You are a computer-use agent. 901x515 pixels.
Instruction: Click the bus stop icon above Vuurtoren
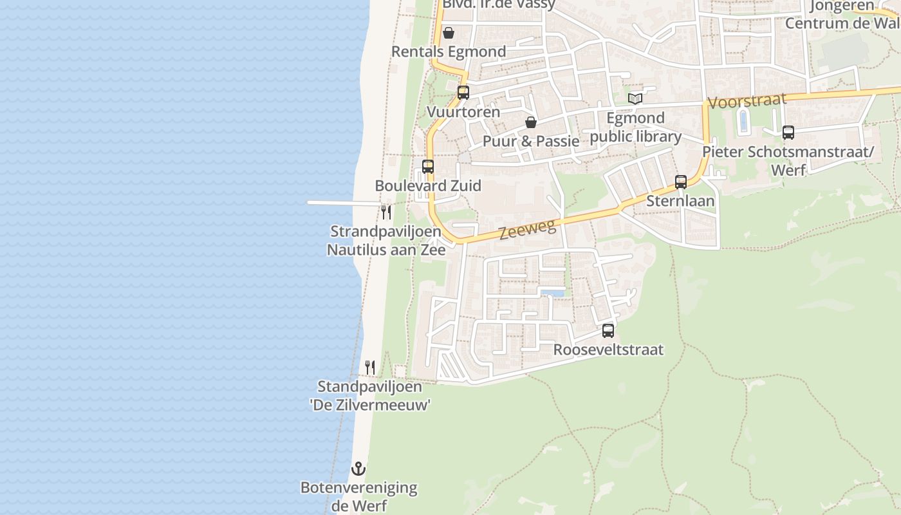[463, 92]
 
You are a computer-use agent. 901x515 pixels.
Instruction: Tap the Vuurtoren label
[463, 112]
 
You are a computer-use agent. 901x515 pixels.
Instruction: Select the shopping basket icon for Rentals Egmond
[449, 32]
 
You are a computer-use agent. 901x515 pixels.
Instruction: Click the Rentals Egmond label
[449, 51]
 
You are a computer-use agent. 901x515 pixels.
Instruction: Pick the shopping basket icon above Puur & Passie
[531, 122]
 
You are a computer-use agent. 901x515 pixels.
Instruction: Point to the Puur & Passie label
[531, 141]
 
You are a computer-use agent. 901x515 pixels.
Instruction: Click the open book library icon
[635, 98]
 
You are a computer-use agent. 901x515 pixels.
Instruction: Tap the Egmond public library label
[636, 127]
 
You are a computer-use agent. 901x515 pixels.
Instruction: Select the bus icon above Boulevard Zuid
[428, 167]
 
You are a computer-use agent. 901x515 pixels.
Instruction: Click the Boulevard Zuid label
[428, 186]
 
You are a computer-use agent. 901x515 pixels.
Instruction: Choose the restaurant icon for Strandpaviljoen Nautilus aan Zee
[386, 212]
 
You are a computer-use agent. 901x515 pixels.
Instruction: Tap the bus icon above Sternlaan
[681, 182]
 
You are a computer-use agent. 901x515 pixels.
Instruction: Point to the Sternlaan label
[680, 201]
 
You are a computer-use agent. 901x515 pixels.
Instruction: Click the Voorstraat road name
[747, 101]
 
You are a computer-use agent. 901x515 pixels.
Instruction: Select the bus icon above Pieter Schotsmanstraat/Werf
[788, 133]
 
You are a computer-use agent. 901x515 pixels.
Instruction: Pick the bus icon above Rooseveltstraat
[608, 331]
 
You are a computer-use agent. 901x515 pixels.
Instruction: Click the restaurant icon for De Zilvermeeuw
[370, 368]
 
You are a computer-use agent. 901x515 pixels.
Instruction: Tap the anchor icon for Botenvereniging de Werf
[358, 468]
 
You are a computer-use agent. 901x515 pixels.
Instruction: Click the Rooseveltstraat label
[608, 350]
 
